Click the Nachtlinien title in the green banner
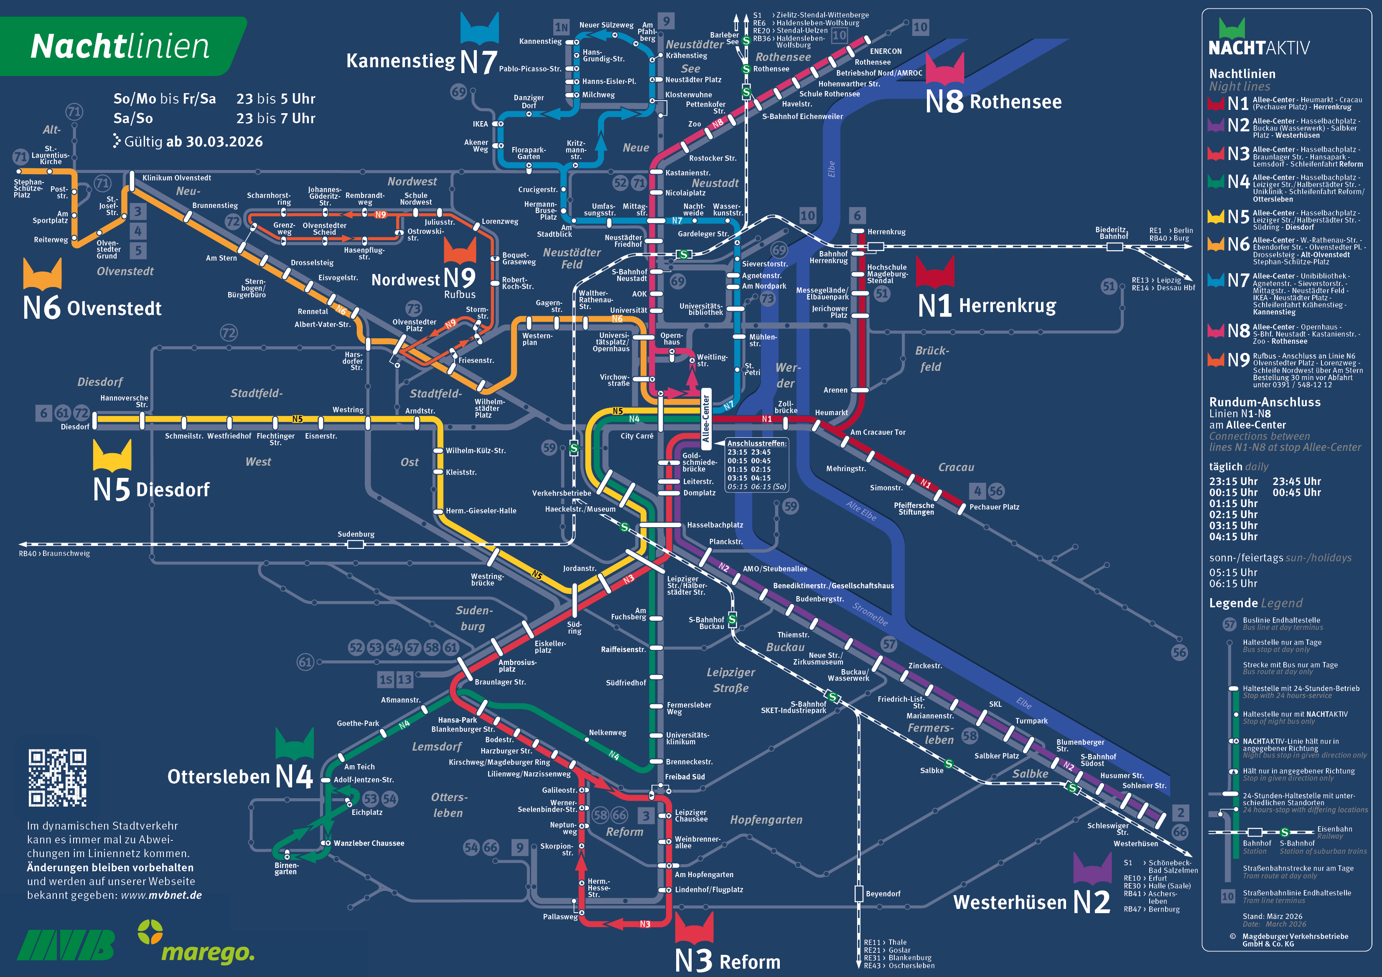[x=120, y=46]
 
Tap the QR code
[x=57, y=777]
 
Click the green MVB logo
[x=66, y=944]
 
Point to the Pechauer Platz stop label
[x=994, y=507]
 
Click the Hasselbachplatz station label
[x=715, y=525]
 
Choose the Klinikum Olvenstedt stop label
[x=176, y=178]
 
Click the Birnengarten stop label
[x=285, y=869]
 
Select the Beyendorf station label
[x=883, y=894]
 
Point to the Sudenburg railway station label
[x=356, y=534]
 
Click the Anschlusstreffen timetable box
[x=756, y=464]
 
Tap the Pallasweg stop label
[x=560, y=917]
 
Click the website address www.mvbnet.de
[x=161, y=895]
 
